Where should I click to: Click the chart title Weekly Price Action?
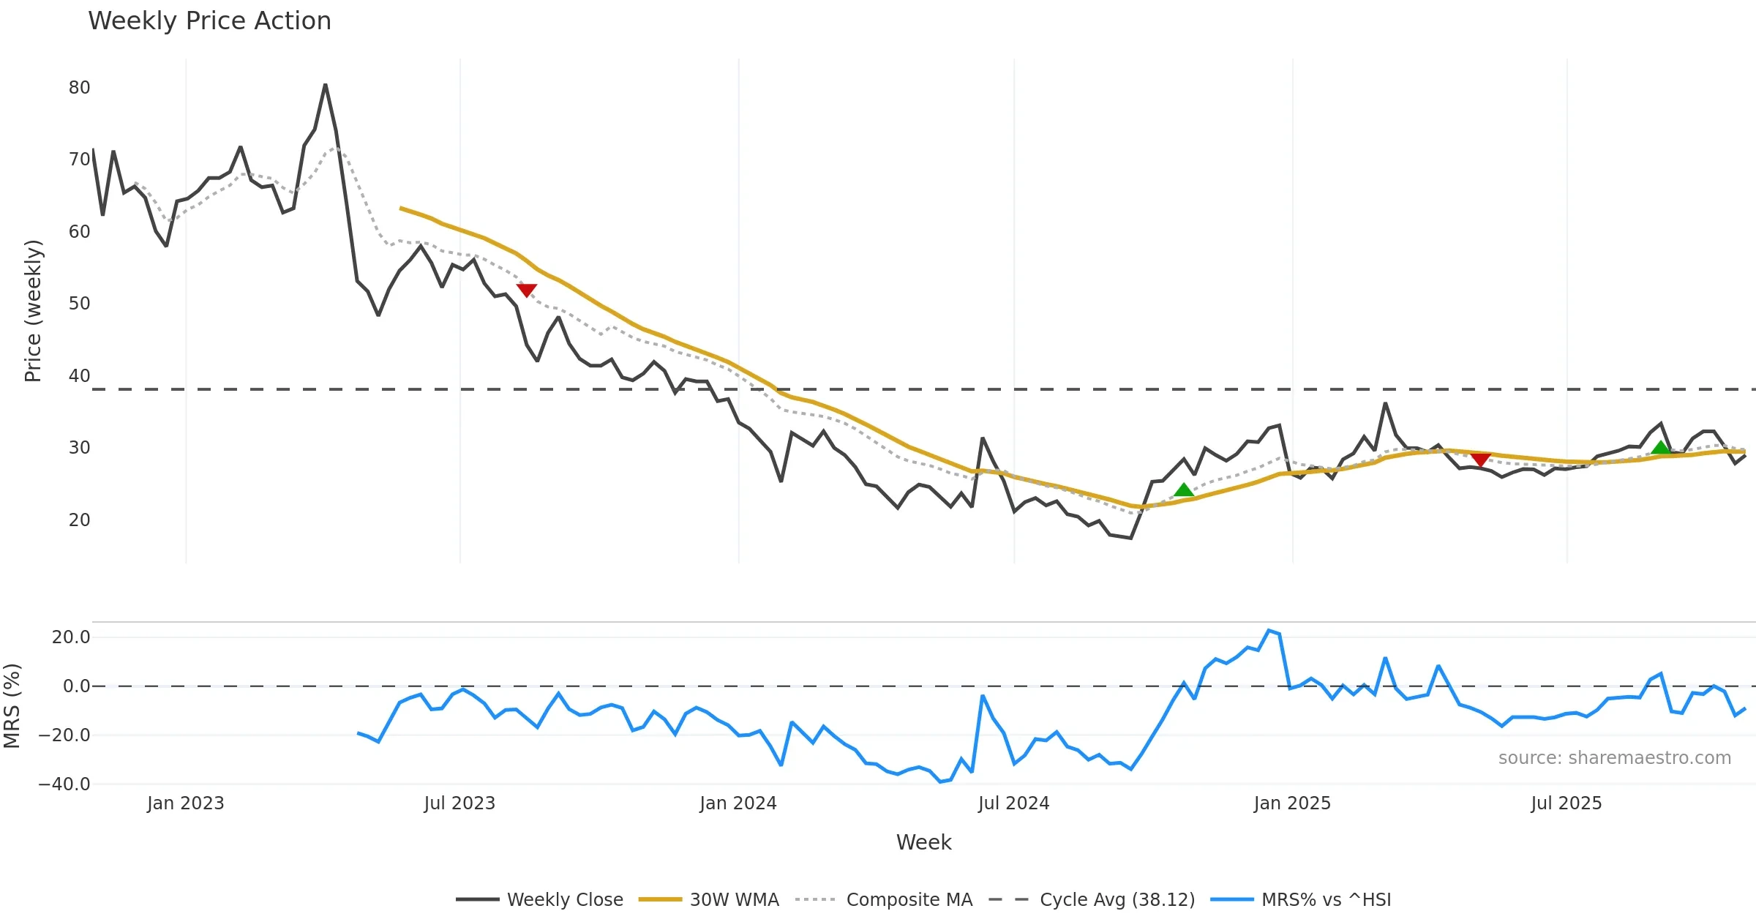(209, 21)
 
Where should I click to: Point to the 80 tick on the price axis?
(79, 88)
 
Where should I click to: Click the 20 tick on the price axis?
(79, 520)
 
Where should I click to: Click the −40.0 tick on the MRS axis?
(64, 784)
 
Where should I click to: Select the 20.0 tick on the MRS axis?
(71, 637)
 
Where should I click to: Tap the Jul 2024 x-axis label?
(1013, 803)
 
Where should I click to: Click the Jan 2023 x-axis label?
(185, 803)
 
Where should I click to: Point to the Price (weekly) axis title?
(34, 311)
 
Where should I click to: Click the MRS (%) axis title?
(12, 706)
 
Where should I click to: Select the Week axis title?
(923, 843)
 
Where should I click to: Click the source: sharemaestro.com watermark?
(1614, 758)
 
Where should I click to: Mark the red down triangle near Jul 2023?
(527, 290)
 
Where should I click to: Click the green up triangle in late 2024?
(1184, 490)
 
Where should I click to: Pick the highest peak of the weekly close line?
(325, 86)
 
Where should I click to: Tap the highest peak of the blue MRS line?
(1269, 630)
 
